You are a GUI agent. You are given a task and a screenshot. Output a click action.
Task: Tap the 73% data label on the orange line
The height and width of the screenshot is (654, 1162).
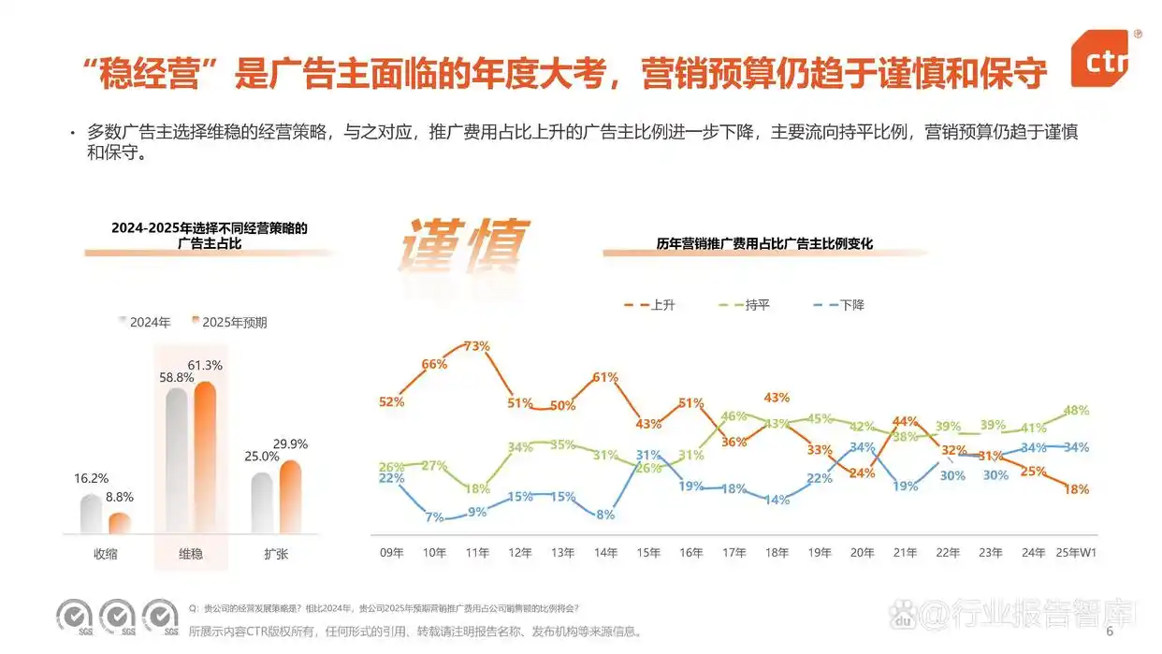pos(477,346)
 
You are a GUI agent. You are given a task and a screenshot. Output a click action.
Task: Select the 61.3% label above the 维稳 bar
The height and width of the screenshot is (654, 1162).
pos(204,365)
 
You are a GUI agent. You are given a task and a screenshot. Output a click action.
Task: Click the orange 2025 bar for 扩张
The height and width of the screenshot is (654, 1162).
pos(290,496)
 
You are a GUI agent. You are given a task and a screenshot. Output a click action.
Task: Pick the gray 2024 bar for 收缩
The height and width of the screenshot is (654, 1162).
pos(91,514)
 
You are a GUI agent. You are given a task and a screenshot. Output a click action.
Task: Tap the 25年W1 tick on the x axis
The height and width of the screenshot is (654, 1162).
pos(1075,553)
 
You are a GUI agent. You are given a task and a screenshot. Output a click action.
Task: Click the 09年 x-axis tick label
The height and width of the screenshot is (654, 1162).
pos(392,553)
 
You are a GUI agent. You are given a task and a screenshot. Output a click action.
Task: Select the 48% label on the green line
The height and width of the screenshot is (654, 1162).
pos(1076,410)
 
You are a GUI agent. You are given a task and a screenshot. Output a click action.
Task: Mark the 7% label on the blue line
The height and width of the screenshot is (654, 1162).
pos(434,516)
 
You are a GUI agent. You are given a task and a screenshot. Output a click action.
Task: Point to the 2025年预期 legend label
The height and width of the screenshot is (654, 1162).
pos(234,323)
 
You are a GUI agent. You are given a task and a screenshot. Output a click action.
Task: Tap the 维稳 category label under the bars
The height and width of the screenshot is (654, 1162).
pos(190,554)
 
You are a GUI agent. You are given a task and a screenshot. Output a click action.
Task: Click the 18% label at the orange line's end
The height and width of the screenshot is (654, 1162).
pos(1076,489)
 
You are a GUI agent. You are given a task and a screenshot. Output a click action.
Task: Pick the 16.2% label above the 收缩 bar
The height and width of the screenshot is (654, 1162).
pos(91,478)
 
